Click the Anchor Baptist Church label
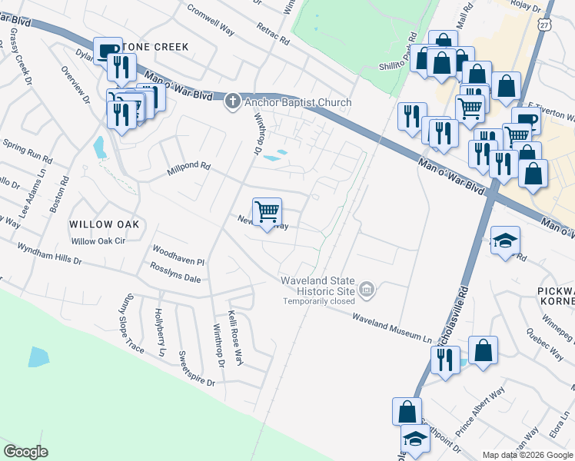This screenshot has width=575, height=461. (x=299, y=102)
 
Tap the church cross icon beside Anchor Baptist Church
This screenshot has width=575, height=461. (x=233, y=101)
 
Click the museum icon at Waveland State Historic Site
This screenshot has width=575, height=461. (x=367, y=290)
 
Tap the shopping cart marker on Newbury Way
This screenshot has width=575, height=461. (x=267, y=212)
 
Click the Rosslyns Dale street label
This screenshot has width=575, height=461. (x=176, y=277)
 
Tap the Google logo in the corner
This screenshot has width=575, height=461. (x=25, y=452)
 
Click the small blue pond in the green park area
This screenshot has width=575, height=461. (x=38, y=357)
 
